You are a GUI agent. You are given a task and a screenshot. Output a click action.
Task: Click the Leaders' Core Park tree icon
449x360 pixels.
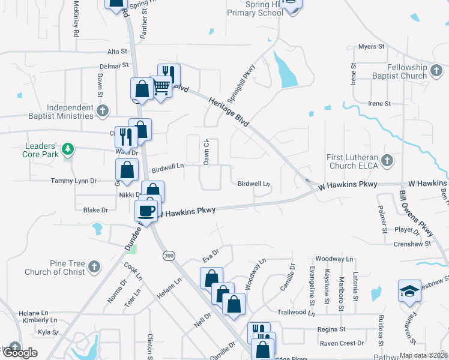click(x=68, y=149)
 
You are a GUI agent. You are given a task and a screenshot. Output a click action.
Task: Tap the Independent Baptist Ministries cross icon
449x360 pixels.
click(x=103, y=110)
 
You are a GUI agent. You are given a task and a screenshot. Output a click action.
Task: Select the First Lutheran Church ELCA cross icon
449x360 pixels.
click(x=387, y=160)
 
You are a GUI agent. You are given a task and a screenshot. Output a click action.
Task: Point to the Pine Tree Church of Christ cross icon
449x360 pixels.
click(x=94, y=266)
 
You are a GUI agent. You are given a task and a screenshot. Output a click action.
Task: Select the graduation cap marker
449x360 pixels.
click(x=409, y=290)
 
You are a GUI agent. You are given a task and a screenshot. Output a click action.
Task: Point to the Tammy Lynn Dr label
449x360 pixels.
click(x=74, y=181)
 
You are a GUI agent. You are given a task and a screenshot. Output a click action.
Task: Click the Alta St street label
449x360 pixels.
click(x=118, y=52)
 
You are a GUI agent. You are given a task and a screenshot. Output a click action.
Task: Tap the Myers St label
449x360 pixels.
click(x=371, y=46)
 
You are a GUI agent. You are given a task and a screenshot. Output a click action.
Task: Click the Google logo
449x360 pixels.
click(x=20, y=352)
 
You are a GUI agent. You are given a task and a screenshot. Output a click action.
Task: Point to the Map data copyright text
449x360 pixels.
click(x=423, y=355)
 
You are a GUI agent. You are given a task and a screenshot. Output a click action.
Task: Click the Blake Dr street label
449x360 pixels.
click(x=95, y=210)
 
